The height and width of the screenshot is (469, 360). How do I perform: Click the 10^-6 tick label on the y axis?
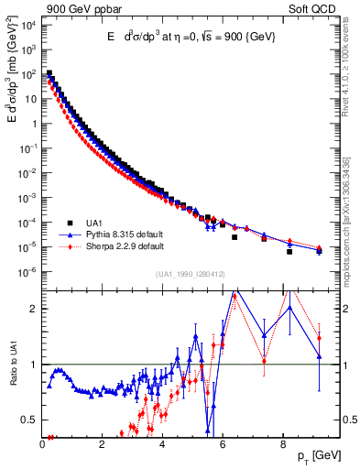29,272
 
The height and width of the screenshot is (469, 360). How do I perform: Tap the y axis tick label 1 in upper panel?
35,124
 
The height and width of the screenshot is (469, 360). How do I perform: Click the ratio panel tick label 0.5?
31,420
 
